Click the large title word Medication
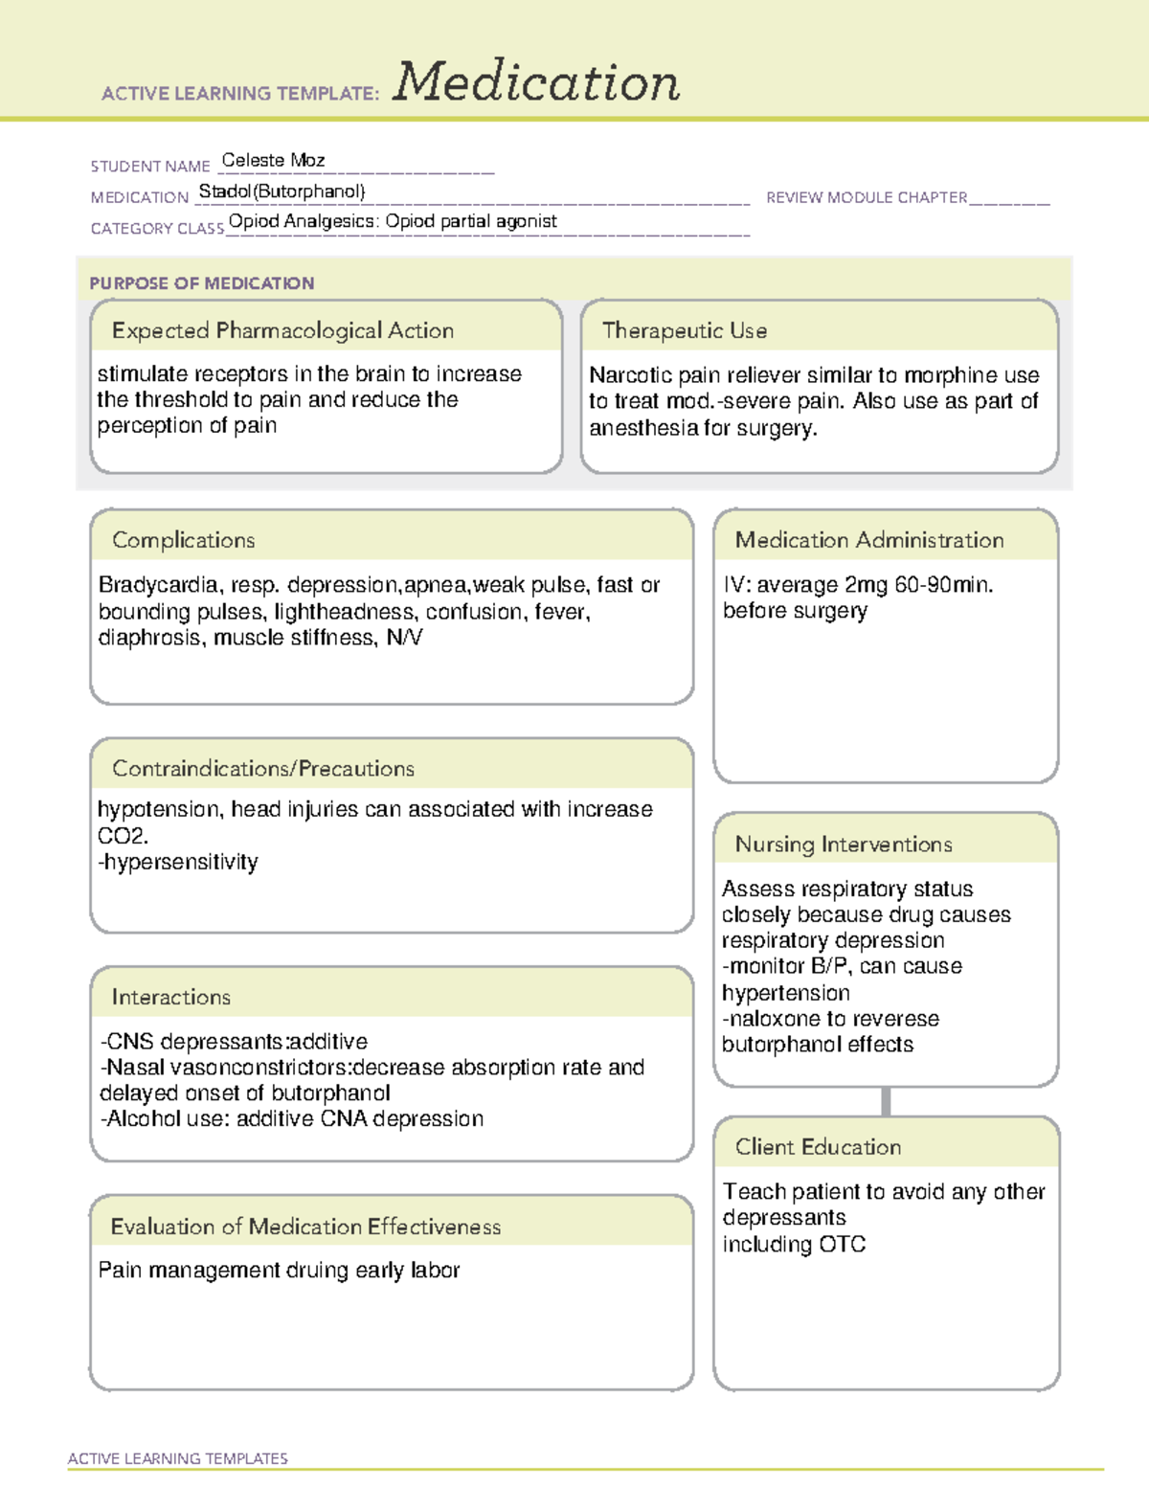(536, 82)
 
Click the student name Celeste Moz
(273, 160)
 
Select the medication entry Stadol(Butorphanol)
(282, 192)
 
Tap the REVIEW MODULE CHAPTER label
(867, 197)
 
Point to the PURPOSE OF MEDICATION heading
(201, 283)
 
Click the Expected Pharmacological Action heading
(282, 330)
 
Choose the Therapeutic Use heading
(684, 330)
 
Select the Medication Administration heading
(868, 540)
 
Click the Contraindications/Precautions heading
(262, 768)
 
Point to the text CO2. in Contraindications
(123, 836)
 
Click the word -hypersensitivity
(178, 862)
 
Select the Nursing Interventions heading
(843, 844)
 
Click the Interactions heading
(170, 997)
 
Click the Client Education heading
(817, 1146)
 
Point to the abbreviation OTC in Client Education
(842, 1244)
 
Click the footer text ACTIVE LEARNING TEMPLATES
(177, 1458)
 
